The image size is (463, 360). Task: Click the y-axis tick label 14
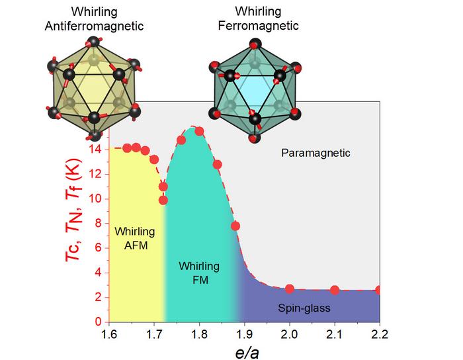97,150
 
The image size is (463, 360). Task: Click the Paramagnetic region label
315,154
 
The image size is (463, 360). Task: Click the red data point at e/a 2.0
290,289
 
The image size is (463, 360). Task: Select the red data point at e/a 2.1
335,290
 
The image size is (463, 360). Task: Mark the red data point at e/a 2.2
379,290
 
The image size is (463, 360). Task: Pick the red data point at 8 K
235,226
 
